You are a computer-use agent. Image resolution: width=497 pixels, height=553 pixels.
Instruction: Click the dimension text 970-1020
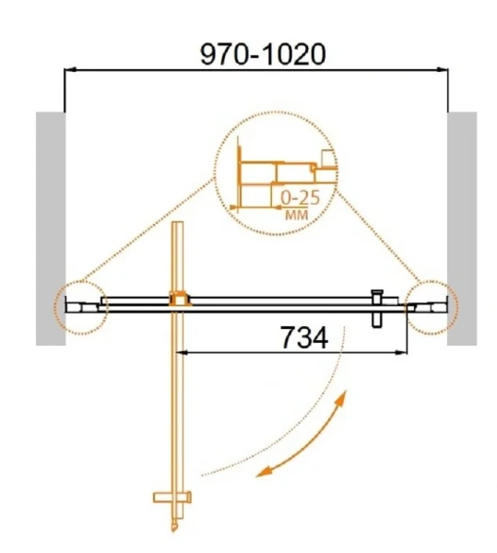click(x=263, y=54)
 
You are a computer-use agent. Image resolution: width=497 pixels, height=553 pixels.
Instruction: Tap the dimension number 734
click(x=304, y=337)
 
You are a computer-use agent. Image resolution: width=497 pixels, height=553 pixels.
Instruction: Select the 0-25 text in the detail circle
click(x=301, y=198)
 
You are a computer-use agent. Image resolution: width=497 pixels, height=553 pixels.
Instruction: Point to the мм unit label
click(x=296, y=215)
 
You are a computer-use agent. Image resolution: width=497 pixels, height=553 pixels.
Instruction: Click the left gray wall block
click(x=51, y=229)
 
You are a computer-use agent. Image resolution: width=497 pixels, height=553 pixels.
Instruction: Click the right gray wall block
click(x=462, y=229)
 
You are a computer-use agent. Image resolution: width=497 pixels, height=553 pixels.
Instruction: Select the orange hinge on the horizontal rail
click(x=180, y=299)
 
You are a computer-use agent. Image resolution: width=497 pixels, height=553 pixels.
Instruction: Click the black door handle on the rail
click(x=377, y=309)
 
